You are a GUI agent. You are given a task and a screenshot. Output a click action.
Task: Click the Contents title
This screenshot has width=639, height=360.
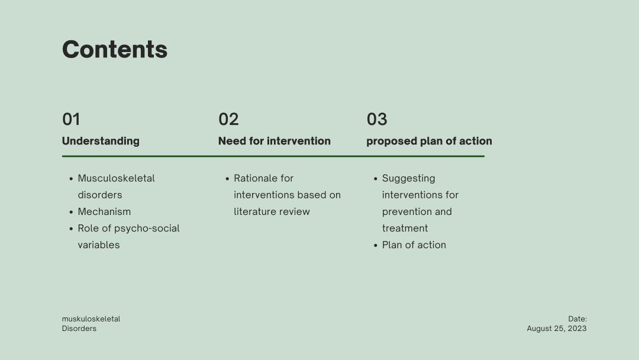coord(115,49)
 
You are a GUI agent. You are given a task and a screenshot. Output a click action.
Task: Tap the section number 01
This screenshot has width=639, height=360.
coord(71,119)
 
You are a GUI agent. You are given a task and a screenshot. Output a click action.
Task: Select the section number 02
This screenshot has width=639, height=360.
coord(228,119)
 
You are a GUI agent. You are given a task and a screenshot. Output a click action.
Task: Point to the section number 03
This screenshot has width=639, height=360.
coord(377,119)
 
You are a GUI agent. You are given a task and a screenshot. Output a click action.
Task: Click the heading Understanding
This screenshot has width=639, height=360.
coord(101,141)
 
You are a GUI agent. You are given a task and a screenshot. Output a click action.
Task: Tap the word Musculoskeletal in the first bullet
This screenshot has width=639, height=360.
coord(116,178)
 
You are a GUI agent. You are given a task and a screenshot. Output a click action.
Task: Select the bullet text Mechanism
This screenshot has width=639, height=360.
coord(104,211)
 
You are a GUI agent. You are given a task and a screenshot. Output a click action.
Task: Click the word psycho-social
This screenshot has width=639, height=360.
coord(147,229)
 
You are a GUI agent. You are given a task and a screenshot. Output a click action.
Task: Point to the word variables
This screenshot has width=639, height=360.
coord(99,245)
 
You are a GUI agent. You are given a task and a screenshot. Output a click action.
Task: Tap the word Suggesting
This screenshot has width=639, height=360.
coord(409,179)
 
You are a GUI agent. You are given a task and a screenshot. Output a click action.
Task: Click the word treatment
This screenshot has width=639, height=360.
coord(405,229)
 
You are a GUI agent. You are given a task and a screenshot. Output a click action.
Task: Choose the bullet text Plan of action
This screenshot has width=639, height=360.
coord(414,245)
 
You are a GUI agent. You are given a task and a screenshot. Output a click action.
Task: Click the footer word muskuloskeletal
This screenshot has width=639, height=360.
coord(91,319)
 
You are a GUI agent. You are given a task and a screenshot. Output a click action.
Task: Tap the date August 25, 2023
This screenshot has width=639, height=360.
coord(557,329)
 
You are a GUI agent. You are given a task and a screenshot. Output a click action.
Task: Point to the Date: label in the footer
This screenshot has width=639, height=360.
coord(577,319)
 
